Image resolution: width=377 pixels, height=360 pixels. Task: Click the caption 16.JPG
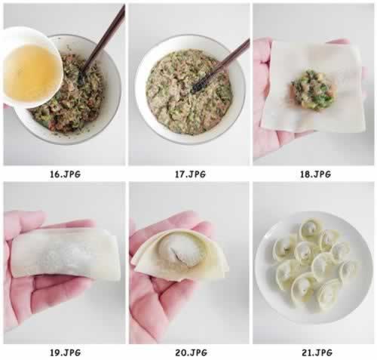(x=66, y=174)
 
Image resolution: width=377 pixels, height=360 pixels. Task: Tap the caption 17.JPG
(x=190, y=174)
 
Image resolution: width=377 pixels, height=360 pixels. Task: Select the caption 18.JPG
(x=315, y=174)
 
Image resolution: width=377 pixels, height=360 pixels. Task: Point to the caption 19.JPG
(x=66, y=352)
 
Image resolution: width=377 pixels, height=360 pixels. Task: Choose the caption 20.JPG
(x=191, y=352)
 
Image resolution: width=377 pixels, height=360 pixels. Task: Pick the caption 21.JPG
(x=317, y=352)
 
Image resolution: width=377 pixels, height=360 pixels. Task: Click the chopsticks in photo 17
(x=221, y=66)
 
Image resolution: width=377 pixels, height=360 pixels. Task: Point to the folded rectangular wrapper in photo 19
(x=66, y=253)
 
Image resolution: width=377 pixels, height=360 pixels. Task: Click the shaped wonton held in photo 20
(x=179, y=256)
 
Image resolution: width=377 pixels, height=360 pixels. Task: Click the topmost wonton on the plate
(x=310, y=229)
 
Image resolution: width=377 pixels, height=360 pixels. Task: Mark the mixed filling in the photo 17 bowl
(x=188, y=92)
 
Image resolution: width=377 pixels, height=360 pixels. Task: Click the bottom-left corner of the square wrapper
(x=262, y=127)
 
